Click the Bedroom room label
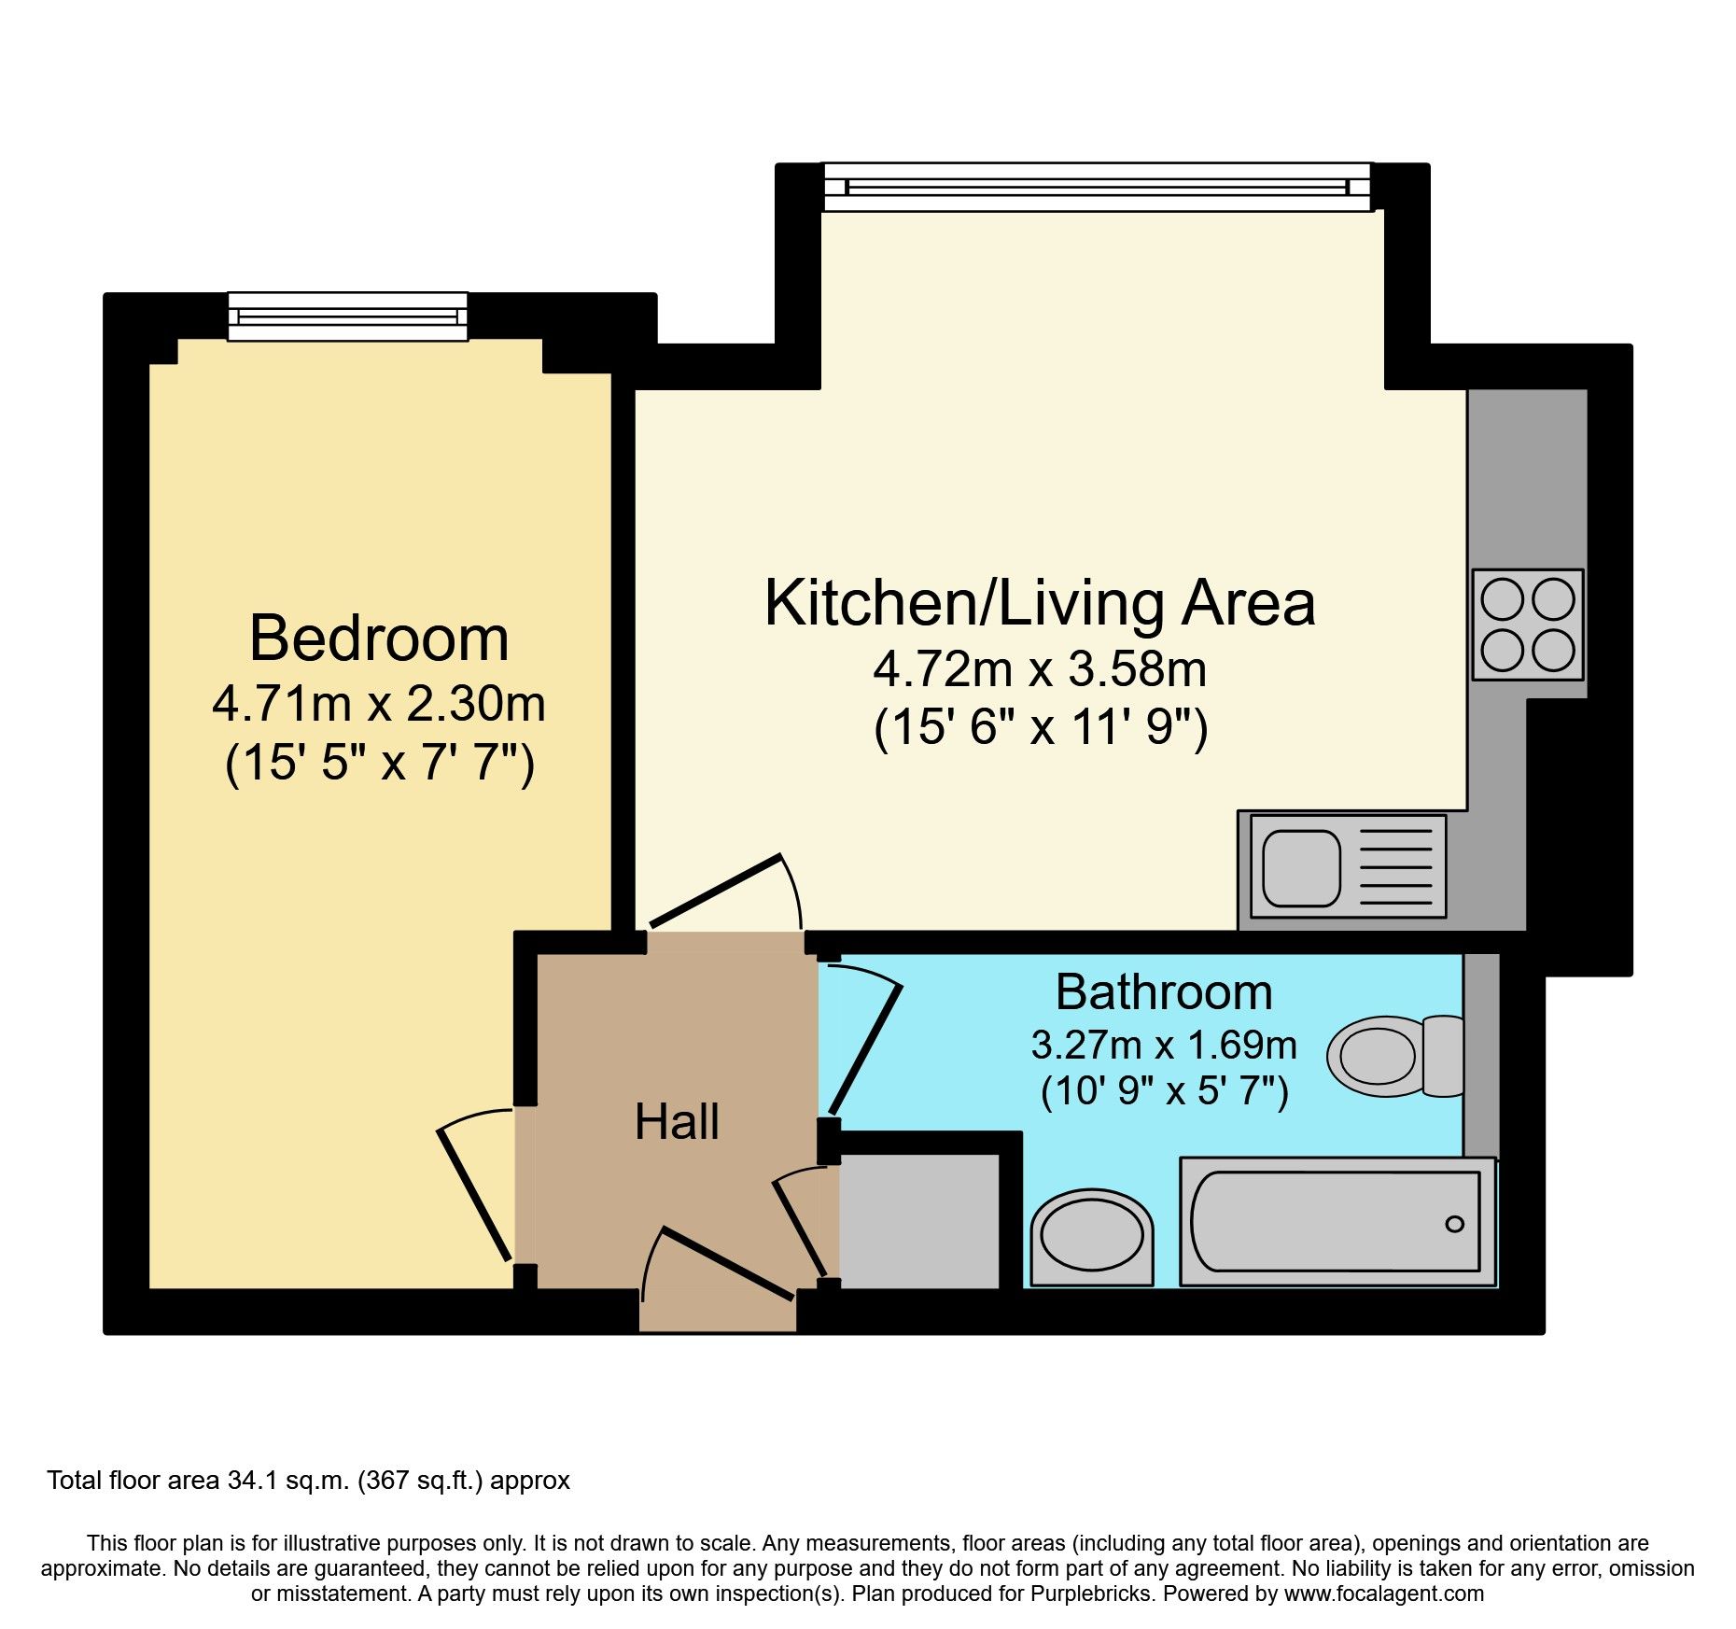click(379, 639)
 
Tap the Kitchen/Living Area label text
click(1039, 603)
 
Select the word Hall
click(677, 1121)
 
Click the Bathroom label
click(1163, 991)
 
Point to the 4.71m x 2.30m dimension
click(379, 704)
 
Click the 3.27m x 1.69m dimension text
click(1163, 1045)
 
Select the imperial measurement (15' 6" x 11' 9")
click(1040, 727)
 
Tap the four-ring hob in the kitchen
click(1527, 624)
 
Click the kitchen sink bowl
click(1300, 867)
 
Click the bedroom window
click(347, 316)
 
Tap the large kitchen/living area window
click(1097, 187)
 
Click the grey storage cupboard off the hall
click(918, 1221)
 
